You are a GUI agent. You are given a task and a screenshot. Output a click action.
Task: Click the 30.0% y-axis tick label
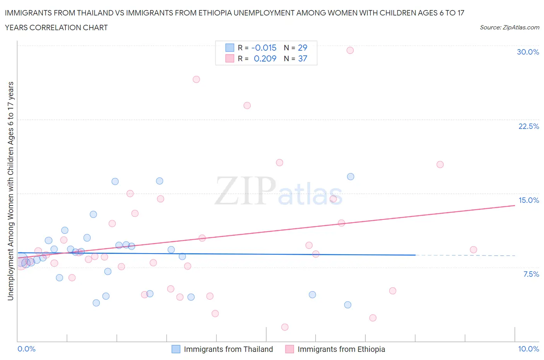click(528, 52)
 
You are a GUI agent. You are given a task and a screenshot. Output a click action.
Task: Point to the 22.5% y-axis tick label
click(529, 126)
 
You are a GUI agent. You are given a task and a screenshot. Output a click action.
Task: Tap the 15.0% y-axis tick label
click(529, 200)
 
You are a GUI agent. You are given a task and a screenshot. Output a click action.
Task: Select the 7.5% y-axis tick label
click(531, 274)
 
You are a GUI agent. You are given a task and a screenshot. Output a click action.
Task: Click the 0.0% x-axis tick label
click(27, 349)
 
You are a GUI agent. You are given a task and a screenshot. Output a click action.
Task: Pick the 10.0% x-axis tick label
click(529, 349)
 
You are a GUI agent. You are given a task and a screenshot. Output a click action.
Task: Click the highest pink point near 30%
click(350, 50)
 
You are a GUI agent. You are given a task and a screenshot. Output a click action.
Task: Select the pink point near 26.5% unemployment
click(196, 79)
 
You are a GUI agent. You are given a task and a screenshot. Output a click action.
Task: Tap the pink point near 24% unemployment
click(247, 106)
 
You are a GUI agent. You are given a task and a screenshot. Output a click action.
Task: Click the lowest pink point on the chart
click(285, 327)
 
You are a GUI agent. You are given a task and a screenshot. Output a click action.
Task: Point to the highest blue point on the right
click(351, 177)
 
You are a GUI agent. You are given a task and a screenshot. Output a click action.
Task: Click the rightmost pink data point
click(473, 250)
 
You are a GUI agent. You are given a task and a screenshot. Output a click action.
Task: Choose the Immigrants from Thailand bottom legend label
click(228, 349)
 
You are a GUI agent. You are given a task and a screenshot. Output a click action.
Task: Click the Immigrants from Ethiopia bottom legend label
click(341, 349)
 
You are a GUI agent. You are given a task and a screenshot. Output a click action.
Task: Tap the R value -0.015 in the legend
click(264, 48)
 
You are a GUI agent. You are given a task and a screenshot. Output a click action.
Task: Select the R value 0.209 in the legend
click(265, 58)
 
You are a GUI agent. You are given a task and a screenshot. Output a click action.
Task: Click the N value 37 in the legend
click(303, 58)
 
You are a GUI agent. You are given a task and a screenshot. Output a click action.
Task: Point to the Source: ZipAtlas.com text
click(509, 27)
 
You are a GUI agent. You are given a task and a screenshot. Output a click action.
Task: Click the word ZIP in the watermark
click(245, 191)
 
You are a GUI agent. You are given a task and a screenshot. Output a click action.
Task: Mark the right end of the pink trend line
click(515, 206)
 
